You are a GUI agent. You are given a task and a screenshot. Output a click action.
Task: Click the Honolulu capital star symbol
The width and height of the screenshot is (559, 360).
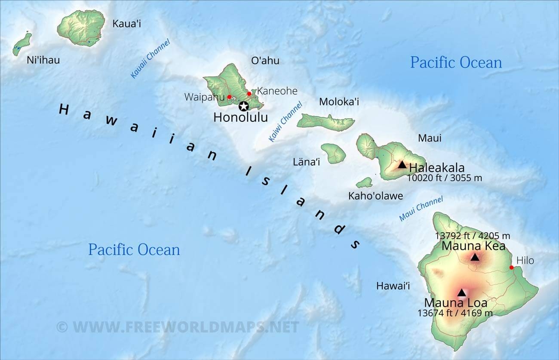244,106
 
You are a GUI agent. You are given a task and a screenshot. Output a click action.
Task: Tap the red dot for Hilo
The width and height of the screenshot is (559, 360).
511,268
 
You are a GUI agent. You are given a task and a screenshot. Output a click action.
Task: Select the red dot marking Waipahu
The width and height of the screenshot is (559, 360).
229,97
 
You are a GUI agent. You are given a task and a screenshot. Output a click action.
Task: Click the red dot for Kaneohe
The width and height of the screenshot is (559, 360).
249,93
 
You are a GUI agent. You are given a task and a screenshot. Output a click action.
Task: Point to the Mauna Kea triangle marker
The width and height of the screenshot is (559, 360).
475,258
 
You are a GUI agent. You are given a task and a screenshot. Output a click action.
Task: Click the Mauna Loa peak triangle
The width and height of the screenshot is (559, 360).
461,293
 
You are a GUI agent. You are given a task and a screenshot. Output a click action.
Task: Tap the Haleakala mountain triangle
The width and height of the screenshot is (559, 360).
402,164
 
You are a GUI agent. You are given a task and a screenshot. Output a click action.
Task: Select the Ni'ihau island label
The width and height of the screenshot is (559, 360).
43,60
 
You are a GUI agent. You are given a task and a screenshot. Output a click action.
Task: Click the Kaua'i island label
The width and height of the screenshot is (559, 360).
126,24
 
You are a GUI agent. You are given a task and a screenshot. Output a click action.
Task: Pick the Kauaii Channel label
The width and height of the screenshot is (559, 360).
150,59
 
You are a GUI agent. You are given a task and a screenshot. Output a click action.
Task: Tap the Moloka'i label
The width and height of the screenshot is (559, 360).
339,102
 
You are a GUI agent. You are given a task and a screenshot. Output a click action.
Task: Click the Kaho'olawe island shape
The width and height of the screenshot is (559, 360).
365,183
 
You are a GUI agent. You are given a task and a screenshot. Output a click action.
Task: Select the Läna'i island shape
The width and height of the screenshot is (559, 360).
334,153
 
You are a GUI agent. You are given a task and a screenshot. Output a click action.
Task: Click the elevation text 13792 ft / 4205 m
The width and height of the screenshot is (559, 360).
472,236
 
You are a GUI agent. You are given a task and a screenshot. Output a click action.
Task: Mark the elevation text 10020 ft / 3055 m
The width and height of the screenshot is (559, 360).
444,177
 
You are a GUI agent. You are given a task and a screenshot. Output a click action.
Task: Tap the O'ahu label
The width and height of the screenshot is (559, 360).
265,61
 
